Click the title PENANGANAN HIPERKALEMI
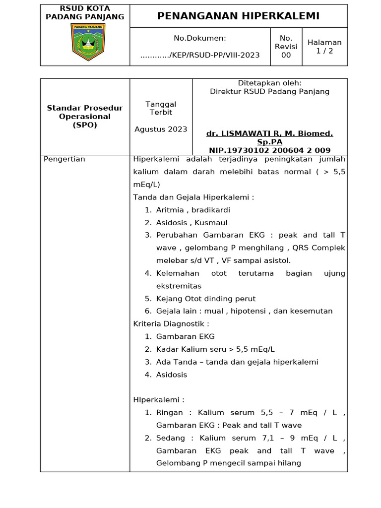tap(238, 16)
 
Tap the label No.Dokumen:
tap(200, 38)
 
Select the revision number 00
tap(286, 55)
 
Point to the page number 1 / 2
tap(324, 51)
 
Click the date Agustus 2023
tap(161, 129)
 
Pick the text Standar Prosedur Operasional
tap(85, 112)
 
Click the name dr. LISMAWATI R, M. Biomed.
tap(269, 133)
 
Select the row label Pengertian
tap(64, 159)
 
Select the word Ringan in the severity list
tap(169, 412)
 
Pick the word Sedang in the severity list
tap(170, 438)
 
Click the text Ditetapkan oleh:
tap(269, 83)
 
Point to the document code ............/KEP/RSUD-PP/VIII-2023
tap(200, 55)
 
